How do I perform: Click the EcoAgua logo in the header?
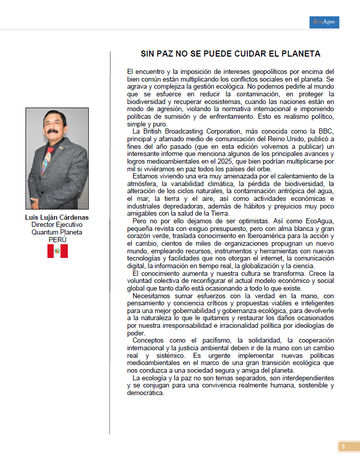324,22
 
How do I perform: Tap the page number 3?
343,447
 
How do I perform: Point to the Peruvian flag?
58,251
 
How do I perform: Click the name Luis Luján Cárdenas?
57,217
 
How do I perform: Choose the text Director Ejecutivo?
57,224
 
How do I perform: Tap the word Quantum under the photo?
45,232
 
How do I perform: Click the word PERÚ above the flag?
58,239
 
